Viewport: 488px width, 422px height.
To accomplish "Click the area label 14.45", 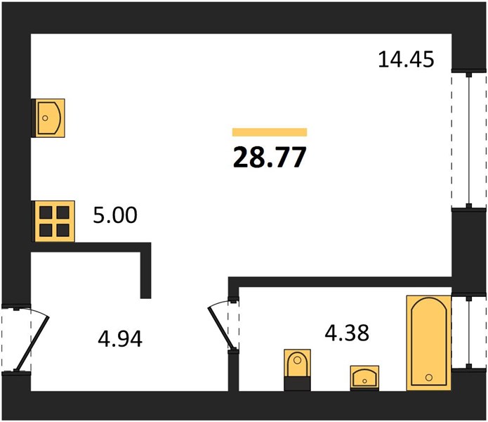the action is [x=406, y=60].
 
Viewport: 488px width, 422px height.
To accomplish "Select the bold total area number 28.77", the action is [x=270, y=157].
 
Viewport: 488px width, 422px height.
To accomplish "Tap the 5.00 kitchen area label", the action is [x=115, y=215].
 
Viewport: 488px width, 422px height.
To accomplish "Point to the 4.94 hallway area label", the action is [x=120, y=339].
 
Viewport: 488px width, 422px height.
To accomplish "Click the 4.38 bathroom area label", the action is [x=347, y=333].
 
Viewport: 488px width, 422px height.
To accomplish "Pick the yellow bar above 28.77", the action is [x=270, y=132].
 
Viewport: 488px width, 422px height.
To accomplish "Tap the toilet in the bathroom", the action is [x=297, y=370].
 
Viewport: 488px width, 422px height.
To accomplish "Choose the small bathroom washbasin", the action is [x=364, y=378].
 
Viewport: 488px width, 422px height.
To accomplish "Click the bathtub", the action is [x=429, y=343].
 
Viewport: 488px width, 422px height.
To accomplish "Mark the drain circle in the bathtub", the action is [x=429, y=378].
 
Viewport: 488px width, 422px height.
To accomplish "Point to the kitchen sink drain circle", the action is [x=45, y=118].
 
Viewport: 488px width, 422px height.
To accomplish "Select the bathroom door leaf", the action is [x=221, y=327].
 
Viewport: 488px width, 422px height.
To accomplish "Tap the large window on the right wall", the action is [x=469, y=140].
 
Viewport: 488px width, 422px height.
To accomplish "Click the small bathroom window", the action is [x=469, y=333].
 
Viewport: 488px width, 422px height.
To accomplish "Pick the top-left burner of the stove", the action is [x=46, y=212].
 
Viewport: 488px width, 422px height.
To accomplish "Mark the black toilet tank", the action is [x=297, y=384].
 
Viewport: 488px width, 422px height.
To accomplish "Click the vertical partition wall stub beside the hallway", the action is [x=145, y=271].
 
